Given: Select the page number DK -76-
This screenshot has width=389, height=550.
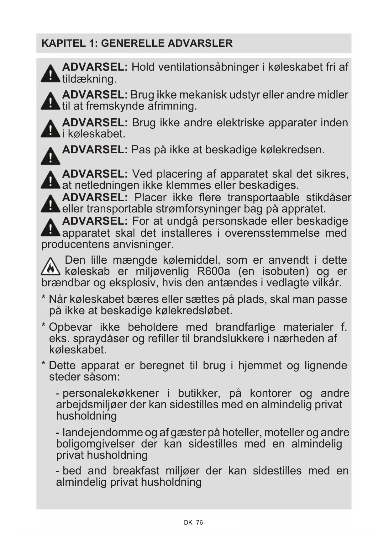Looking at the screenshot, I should (x=194, y=522).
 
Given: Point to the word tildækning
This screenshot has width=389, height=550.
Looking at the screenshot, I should (x=89, y=79).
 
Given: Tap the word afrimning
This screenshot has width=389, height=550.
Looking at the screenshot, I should (x=172, y=106).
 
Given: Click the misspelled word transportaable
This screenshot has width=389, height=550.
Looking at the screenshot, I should (x=263, y=198).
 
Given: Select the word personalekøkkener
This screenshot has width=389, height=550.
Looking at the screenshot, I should (x=111, y=393).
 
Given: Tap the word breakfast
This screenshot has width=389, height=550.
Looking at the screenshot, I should (x=136, y=471).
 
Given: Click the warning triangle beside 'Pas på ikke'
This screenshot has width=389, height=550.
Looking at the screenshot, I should (x=50, y=156).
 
